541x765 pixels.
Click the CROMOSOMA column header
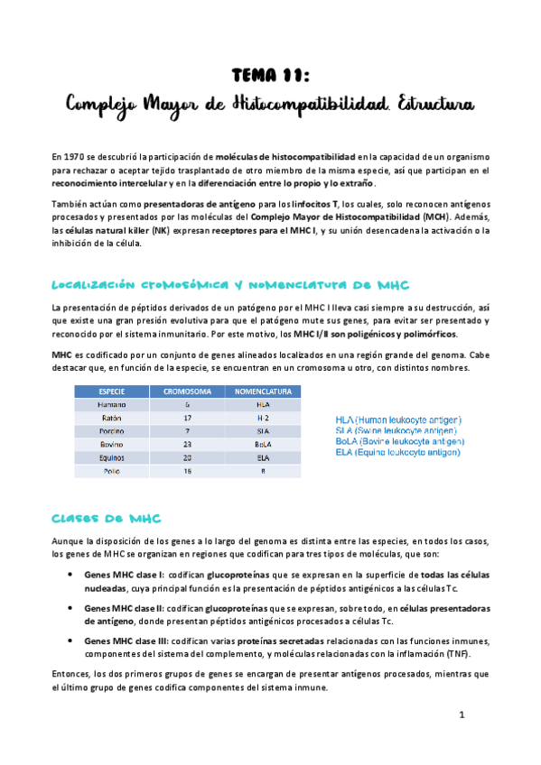(x=187, y=392)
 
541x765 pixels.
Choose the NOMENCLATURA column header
(x=263, y=392)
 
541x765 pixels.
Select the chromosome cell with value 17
(x=187, y=419)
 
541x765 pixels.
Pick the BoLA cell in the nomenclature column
(x=263, y=445)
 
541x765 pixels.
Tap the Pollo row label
(x=114, y=471)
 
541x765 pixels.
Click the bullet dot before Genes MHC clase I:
(x=72, y=574)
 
